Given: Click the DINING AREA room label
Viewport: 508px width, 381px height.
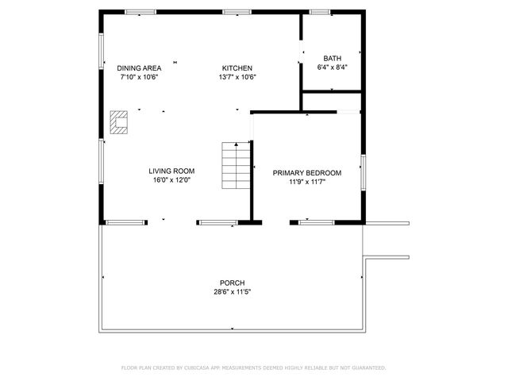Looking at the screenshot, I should point(139,68).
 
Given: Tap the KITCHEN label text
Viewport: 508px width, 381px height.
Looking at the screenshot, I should point(237,68).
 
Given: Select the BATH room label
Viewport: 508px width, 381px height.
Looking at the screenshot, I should point(332,59).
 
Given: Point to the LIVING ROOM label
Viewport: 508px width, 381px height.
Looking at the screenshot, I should point(171,171).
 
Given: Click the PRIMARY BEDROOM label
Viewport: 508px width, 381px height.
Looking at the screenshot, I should point(307,173).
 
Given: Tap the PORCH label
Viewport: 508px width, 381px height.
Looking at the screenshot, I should point(233,283).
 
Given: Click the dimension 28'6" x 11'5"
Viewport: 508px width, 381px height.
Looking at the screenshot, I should point(233,292).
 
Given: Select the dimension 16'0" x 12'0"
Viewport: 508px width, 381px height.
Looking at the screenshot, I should point(171,180).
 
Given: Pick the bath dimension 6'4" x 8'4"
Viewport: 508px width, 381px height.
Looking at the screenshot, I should point(332,67).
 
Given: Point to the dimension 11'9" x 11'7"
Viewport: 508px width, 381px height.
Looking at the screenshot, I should point(307,182).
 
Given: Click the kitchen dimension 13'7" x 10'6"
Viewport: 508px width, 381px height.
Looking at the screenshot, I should point(237,77).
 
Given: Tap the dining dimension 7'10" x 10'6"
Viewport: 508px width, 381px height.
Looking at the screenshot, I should point(139,77).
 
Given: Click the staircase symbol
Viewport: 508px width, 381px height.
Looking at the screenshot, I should point(235,165).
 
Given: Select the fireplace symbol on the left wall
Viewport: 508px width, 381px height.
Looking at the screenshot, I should point(120,123).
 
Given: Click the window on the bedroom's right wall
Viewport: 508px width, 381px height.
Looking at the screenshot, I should point(363,172).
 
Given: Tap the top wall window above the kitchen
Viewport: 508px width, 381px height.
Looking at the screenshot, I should point(237,12).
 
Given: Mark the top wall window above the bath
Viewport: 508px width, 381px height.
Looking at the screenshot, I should point(320,12).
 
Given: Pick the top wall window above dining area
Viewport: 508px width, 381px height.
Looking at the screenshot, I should point(140,12).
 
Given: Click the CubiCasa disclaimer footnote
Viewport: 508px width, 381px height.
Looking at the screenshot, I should point(253,368).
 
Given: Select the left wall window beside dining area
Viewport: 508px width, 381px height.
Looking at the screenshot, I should point(100,51).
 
